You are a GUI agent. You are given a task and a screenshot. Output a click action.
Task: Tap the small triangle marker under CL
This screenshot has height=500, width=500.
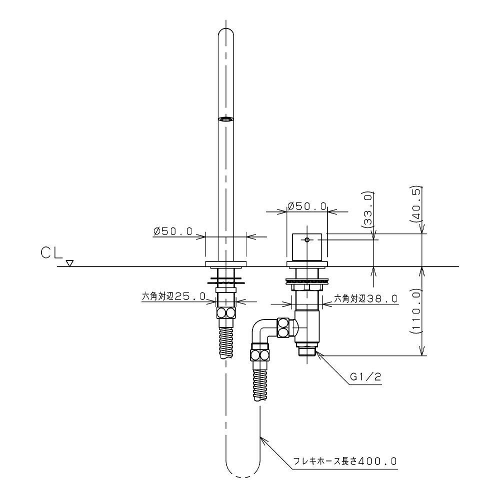(x=70, y=263)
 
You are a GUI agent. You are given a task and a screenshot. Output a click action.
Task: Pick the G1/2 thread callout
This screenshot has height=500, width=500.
(x=365, y=377)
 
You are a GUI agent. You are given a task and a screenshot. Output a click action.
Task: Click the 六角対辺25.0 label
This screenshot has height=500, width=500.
(x=173, y=296)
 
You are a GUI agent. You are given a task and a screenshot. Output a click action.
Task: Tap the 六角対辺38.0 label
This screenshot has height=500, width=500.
(x=366, y=299)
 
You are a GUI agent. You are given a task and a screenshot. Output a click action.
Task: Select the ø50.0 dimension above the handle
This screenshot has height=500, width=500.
(x=307, y=206)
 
